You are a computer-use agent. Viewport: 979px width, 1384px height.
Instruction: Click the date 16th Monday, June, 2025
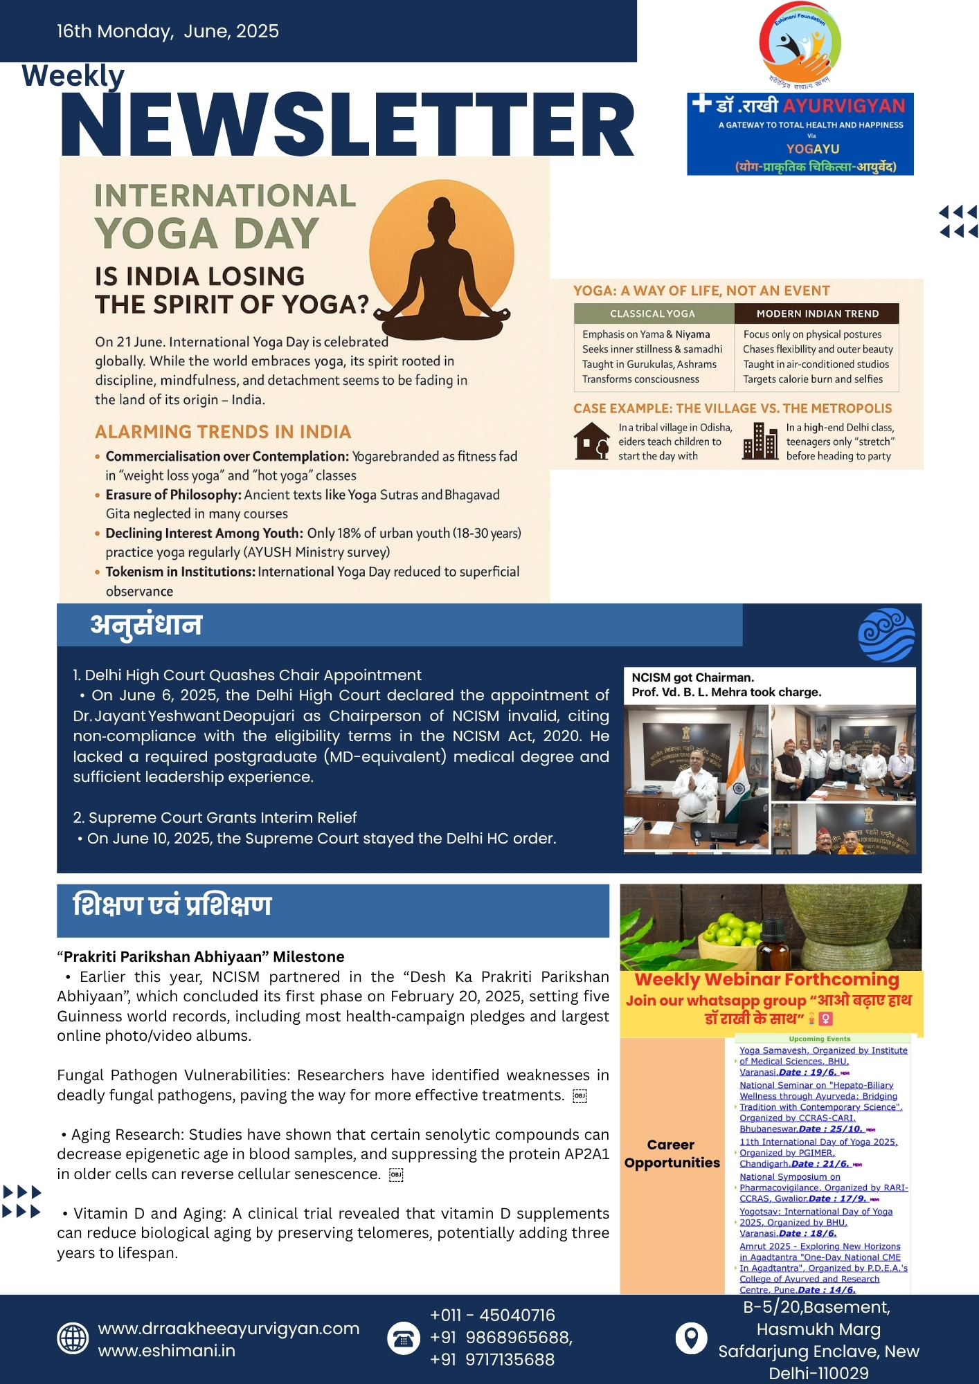click(x=168, y=31)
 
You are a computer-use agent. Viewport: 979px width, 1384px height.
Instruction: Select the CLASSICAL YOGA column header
click(x=652, y=313)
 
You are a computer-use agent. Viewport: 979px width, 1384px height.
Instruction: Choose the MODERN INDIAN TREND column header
click(x=817, y=313)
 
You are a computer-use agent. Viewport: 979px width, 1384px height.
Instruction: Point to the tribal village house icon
click(x=591, y=441)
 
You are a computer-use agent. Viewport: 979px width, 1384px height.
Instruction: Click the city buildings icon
click(x=760, y=441)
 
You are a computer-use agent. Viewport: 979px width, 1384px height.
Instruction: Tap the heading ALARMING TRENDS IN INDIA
click(x=223, y=432)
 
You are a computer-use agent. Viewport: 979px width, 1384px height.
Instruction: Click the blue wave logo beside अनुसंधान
click(x=886, y=635)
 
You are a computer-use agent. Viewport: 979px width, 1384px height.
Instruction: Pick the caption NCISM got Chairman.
click(x=692, y=677)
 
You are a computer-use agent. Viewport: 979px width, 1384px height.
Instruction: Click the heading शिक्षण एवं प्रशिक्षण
click(x=172, y=905)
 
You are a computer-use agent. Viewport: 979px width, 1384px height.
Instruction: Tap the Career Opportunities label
click(x=672, y=1154)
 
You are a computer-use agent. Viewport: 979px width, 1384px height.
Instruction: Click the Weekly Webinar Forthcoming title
click(x=766, y=980)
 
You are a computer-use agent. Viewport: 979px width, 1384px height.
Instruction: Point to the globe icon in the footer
click(x=73, y=1338)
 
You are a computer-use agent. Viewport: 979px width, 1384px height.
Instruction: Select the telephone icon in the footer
click(x=403, y=1338)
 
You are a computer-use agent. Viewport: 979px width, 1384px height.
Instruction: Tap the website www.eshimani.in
click(x=167, y=1351)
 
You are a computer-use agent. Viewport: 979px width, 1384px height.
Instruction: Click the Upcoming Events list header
click(x=819, y=1039)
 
